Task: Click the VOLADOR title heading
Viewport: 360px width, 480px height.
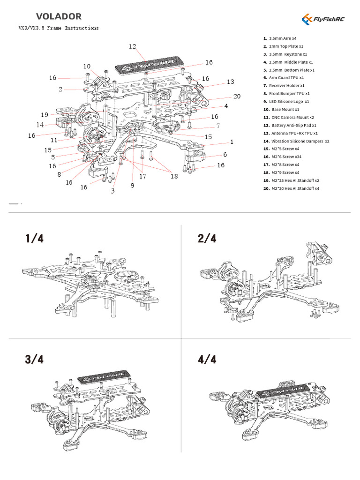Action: tap(59, 16)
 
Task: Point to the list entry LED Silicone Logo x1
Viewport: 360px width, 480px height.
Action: tap(286, 101)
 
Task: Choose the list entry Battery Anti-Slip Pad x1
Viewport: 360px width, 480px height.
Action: tap(290, 126)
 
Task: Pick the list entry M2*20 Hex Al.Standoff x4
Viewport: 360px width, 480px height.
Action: tap(291, 188)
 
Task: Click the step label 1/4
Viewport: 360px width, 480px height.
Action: tap(35, 239)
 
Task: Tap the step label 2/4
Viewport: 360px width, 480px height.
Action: tap(208, 239)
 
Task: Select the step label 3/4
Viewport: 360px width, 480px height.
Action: tap(35, 360)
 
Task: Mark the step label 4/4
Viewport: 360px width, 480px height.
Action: tap(208, 360)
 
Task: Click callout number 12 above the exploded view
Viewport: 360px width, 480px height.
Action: tap(132, 46)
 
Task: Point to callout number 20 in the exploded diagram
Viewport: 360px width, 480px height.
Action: tap(237, 96)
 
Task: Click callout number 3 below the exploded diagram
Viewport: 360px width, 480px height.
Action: tap(113, 191)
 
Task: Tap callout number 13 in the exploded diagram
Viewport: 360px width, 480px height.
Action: tap(230, 82)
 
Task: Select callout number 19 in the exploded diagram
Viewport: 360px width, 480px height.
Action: tap(45, 115)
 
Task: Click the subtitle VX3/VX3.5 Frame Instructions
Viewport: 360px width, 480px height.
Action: tap(59, 28)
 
